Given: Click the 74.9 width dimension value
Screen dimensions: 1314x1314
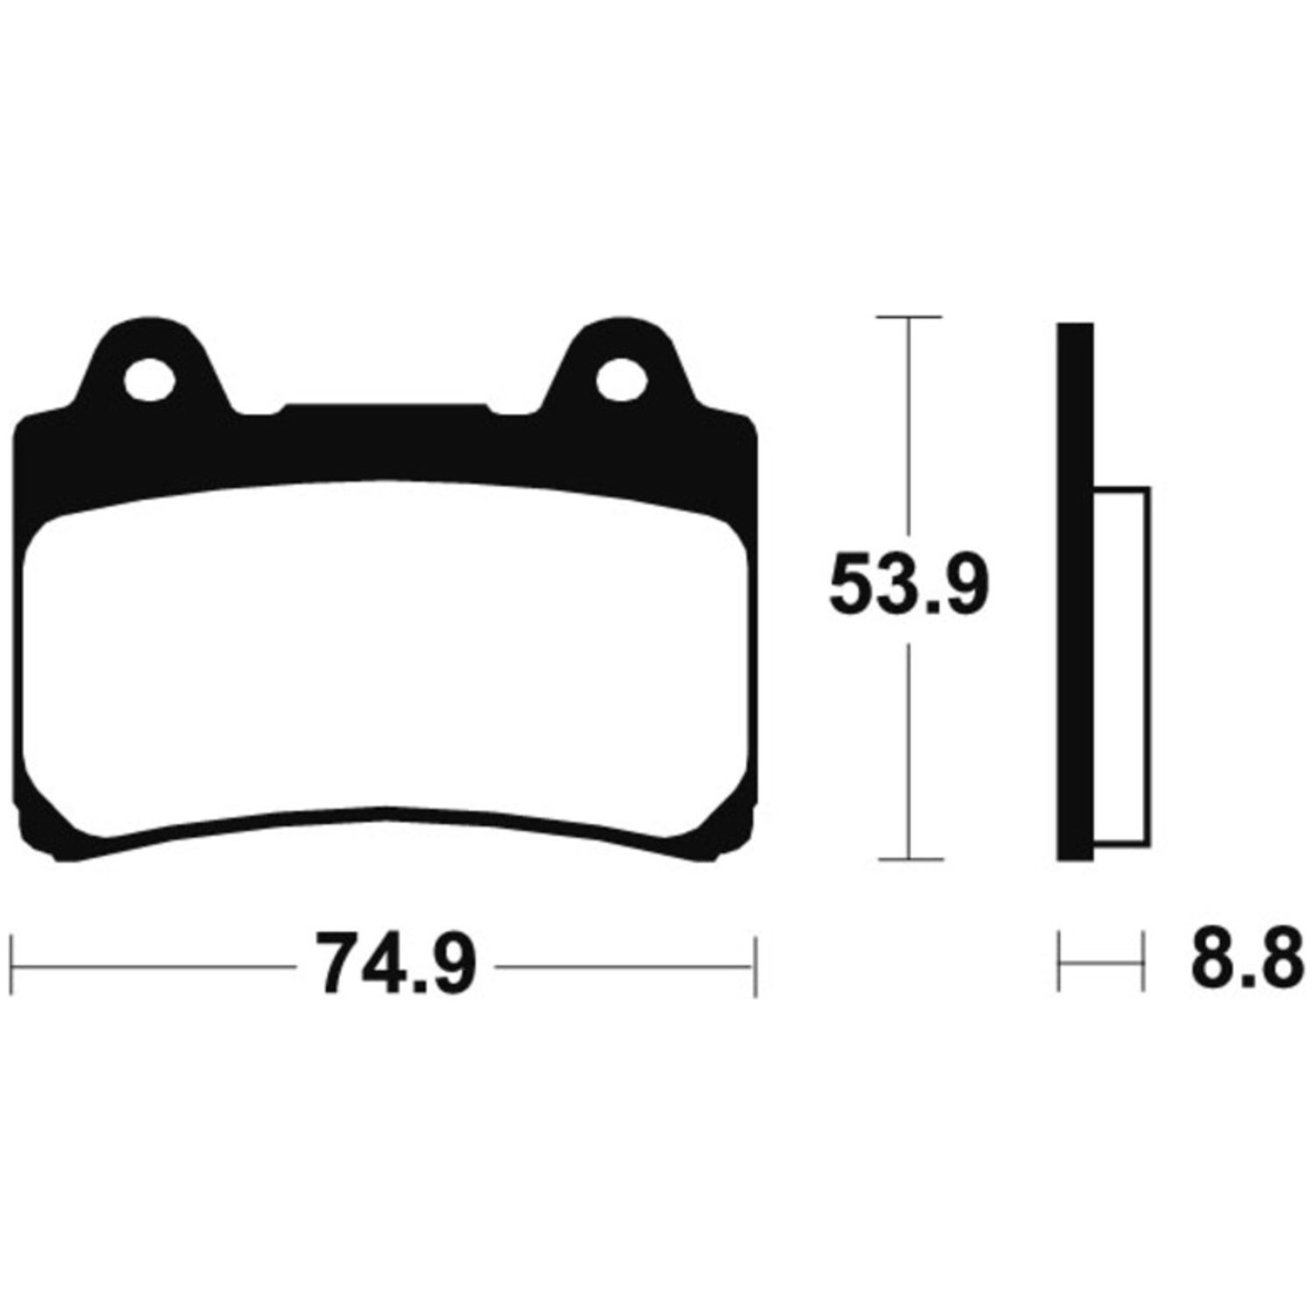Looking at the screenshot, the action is (x=396, y=964).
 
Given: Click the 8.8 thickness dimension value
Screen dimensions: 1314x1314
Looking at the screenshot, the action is (x=1241, y=964).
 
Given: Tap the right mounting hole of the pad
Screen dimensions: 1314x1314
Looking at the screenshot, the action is (x=620, y=379).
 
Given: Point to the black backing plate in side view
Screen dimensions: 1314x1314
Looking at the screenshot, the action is (x=1076, y=591).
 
